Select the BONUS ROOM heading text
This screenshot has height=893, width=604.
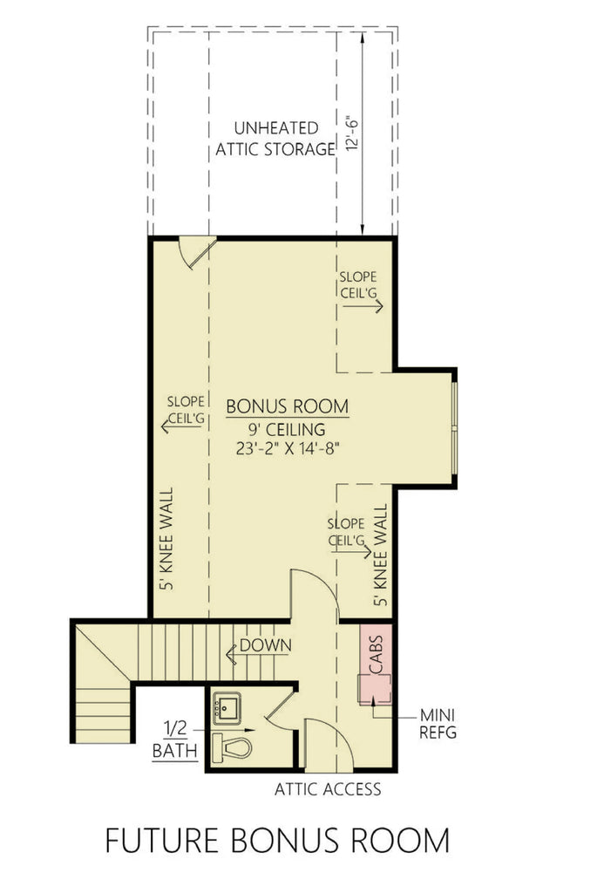[x=287, y=406]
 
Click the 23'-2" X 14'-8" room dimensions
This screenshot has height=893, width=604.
[x=287, y=449]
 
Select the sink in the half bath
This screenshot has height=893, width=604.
[x=229, y=708]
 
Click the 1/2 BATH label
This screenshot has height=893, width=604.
[x=174, y=738]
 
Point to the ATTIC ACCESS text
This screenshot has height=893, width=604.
[x=328, y=790]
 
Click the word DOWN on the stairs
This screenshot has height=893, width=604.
[x=265, y=645]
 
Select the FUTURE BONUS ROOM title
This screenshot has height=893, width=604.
[x=277, y=841]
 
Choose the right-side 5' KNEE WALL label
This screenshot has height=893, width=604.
[x=379, y=554]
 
